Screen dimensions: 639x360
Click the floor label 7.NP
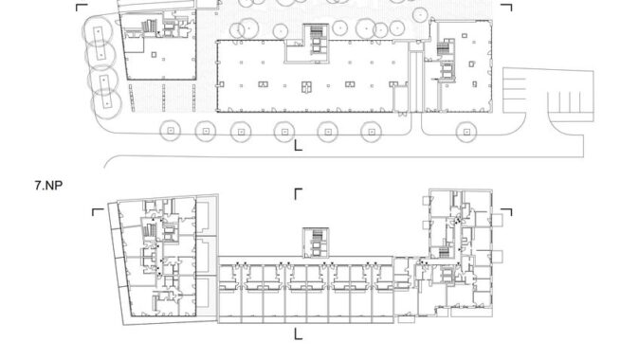[48, 186]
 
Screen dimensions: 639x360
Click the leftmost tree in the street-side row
[171, 131]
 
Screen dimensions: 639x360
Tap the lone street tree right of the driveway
[466, 132]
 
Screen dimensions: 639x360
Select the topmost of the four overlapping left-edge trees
[98, 31]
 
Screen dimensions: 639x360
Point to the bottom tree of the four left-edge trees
[106, 104]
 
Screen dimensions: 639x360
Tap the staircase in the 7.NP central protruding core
[317, 236]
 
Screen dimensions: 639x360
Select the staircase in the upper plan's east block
[443, 48]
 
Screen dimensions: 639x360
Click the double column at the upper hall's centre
[306, 87]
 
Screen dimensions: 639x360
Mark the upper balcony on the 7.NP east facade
[497, 221]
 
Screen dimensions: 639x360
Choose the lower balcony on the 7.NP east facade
[497, 257]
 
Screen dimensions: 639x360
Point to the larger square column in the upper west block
[154, 55]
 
